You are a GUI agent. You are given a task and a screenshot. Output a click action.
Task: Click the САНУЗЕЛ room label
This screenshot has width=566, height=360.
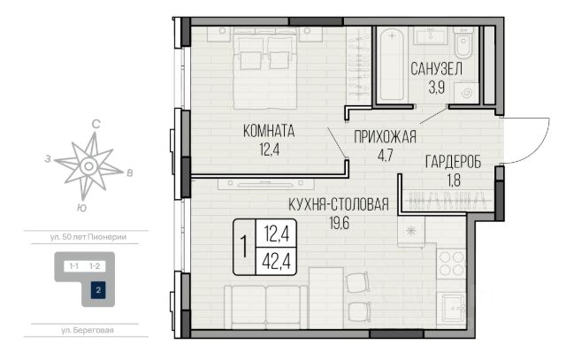point(436,69)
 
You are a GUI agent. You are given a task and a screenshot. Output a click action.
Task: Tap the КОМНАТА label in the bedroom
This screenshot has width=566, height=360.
point(269,131)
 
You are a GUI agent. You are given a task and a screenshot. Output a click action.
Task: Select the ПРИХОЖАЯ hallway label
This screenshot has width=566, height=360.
point(386,137)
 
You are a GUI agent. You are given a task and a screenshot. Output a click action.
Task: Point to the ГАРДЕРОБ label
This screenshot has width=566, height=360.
point(454,162)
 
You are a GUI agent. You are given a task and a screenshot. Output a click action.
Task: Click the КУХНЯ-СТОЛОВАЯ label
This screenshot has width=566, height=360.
point(339,204)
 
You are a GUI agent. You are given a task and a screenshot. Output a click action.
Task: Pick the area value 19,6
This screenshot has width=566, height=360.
point(340,223)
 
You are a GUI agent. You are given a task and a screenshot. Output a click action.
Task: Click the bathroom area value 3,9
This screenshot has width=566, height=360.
point(436,88)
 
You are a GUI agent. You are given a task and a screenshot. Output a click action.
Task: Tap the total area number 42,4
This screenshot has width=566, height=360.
point(277,261)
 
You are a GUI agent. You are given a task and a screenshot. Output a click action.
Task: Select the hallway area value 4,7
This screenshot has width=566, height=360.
point(385,156)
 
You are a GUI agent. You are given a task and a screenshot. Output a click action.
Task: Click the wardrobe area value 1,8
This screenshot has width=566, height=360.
point(454,180)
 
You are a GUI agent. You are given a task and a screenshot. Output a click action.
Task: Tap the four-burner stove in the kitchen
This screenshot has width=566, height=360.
point(451,264)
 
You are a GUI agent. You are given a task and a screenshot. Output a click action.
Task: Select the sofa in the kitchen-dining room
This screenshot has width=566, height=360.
point(266,307)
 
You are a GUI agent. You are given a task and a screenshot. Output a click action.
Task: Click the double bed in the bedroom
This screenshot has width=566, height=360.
point(265,71)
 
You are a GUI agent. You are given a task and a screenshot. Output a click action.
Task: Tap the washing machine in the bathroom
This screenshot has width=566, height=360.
point(467,93)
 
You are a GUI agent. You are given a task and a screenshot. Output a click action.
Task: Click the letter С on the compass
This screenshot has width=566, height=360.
point(96,124)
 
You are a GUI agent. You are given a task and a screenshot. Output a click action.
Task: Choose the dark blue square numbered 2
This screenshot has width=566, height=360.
point(98,290)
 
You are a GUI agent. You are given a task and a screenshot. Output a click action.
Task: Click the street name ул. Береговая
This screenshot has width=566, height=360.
point(87,330)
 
